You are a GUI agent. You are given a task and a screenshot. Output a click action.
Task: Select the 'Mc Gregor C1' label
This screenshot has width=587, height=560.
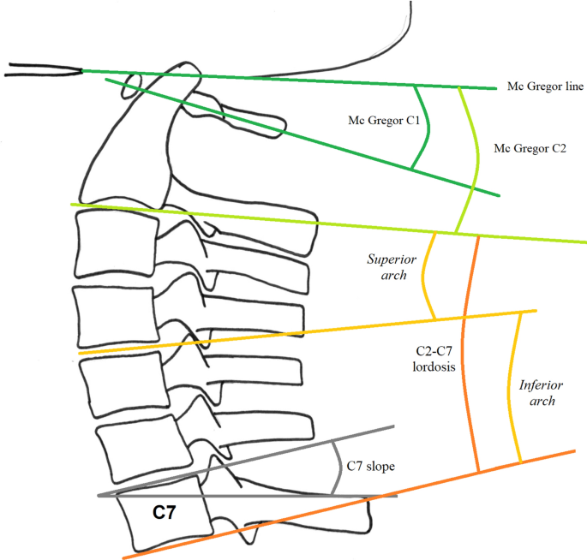[x=384, y=120]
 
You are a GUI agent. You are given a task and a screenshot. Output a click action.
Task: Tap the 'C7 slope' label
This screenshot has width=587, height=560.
[x=369, y=467]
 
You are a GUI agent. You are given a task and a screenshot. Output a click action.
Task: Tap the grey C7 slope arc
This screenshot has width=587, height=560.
[x=338, y=468]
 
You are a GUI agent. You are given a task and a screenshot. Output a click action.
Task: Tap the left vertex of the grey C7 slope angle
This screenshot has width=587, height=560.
[x=100, y=495]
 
